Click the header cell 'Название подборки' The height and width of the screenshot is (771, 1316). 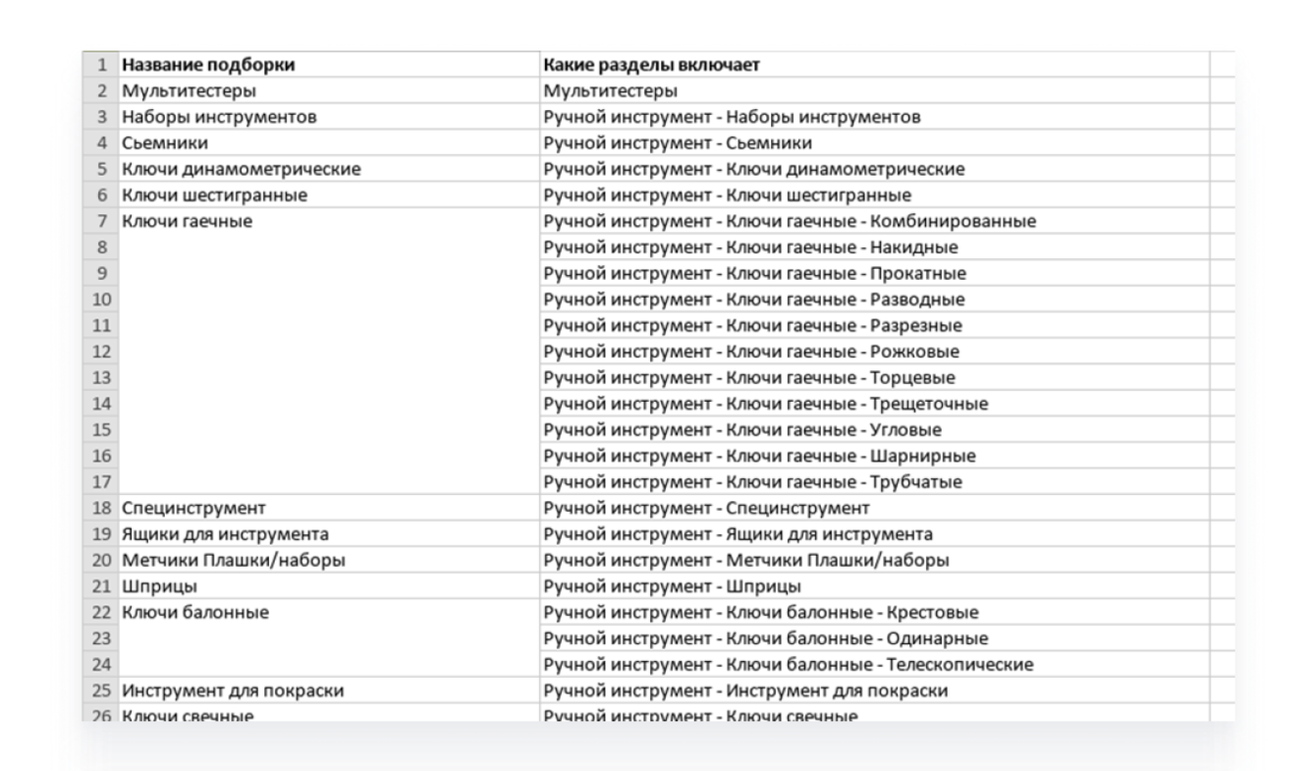(x=208, y=66)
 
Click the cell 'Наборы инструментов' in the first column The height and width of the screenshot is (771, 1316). (x=218, y=118)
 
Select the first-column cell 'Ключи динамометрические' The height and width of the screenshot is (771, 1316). (x=242, y=169)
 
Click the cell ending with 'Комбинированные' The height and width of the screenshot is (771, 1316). (x=790, y=221)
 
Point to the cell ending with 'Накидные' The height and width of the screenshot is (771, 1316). (x=751, y=248)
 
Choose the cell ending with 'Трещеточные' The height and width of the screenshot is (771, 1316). (x=766, y=404)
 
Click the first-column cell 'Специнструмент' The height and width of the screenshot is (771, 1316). (x=193, y=508)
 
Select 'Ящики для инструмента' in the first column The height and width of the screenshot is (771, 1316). (x=225, y=534)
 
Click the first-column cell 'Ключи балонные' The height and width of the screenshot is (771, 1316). (x=195, y=613)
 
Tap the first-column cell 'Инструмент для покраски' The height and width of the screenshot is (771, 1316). (x=233, y=690)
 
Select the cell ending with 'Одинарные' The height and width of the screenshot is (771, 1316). (x=766, y=638)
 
